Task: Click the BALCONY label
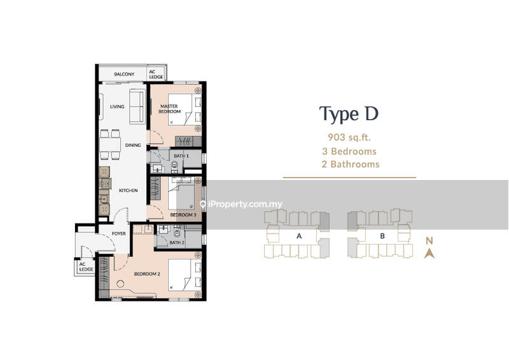click(x=124, y=74)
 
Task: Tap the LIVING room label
click(x=117, y=106)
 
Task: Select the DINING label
click(x=133, y=145)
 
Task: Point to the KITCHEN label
click(x=129, y=191)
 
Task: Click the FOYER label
click(x=119, y=233)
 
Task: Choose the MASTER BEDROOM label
click(x=169, y=109)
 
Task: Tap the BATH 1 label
click(x=181, y=156)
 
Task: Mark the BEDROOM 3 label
click(x=183, y=215)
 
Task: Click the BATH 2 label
click(x=177, y=242)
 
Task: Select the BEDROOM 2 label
click(x=147, y=274)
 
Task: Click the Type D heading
click(x=349, y=114)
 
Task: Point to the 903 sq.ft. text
click(x=349, y=137)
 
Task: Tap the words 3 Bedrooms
click(x=349, y=151)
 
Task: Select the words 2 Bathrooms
click(x=351, y=164)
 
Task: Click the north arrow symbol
click(x=429, y=253)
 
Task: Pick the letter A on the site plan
click(x=299, y=236)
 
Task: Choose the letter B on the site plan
click(x=382, y=236)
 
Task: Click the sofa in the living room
click(x=137, y=106)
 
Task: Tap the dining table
click(x=110, y=144)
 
